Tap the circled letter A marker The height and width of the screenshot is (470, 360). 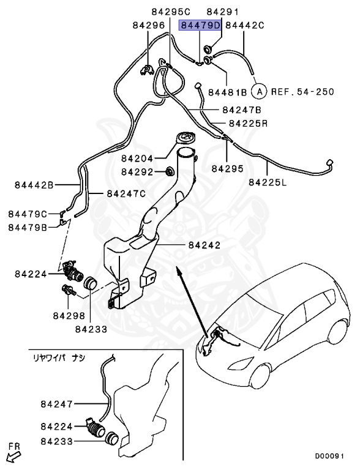(x=260, y=92)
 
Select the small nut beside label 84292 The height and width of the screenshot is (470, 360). (x=170, y=171)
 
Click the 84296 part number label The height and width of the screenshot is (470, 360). (x=148, y=26)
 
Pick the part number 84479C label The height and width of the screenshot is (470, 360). (x=28, y=214)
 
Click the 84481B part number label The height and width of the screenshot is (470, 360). (x=227, y=92)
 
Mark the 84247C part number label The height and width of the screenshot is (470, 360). (x=126, y=194)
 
